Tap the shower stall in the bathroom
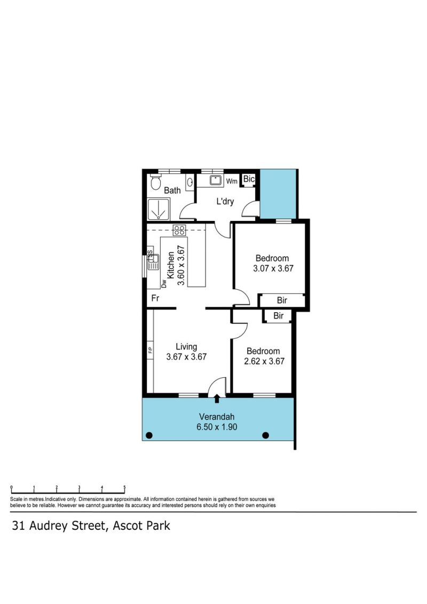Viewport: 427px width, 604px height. pos(158,210)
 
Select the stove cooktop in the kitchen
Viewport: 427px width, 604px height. pos(179,231)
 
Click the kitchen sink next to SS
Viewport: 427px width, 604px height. pos(153,262)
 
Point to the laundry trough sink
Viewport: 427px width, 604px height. pos(216,180)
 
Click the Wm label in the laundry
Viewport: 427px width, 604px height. pos(232,181)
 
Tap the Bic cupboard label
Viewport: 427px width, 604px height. pos(249,179)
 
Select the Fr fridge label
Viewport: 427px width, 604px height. pos(155,298)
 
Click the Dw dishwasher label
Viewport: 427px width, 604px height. pos(164,284)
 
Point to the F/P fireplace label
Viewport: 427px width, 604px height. pos(151,350)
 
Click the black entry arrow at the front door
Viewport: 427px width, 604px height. pos(217,398)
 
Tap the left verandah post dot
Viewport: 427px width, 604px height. pos(149,436)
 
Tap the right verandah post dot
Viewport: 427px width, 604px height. pos(265,435)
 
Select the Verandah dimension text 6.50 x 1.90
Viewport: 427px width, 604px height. pos(217,427)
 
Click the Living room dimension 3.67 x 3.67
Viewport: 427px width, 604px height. pos(186,357)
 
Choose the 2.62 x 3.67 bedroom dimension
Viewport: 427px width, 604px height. pos(264,361)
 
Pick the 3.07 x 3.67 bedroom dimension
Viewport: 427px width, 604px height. pos(273,268)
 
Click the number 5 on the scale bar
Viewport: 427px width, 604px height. pos(124,487)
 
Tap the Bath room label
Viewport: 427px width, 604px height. pos(172,190)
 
